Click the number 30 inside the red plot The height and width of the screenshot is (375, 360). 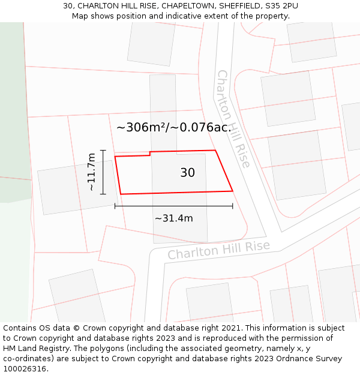[x=187, y=173]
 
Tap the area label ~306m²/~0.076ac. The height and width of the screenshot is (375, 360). [x=173, y=127]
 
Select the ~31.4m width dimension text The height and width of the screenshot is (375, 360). [x=174, y=218]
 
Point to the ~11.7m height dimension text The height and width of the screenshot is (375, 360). [x=91, y=172]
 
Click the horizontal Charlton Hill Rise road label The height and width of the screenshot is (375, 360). [x=218, y=250]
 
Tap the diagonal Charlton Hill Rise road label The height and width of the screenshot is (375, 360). [x=233, y=119]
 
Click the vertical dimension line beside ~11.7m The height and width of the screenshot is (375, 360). [x=103, y=172]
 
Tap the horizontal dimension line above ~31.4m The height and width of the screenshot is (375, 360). [x=173, y=206]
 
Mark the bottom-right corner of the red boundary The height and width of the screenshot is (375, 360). [x=232, y=191]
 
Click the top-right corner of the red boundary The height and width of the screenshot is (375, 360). [x=215, y=151]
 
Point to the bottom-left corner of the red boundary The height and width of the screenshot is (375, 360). [x=121, y=194]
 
